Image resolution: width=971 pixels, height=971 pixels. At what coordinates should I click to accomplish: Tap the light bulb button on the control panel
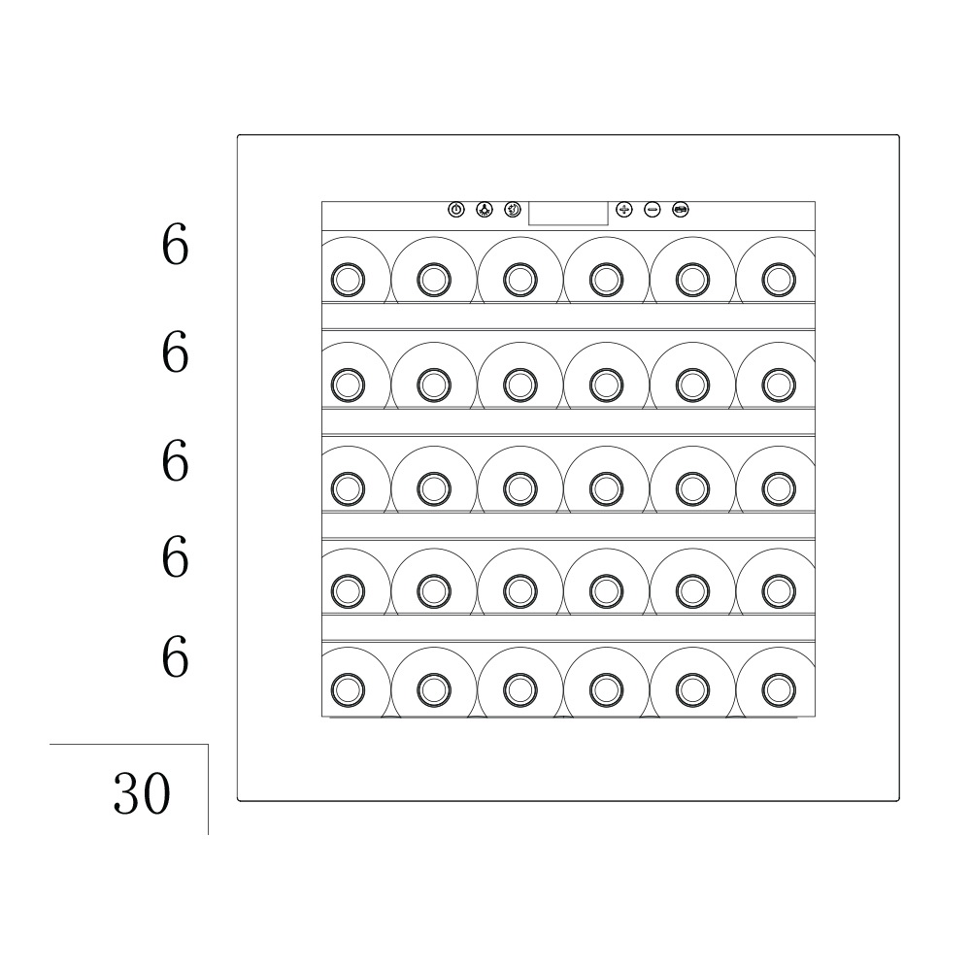click(485, 210)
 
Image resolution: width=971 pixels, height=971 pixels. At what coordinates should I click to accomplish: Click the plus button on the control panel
click(624, 210)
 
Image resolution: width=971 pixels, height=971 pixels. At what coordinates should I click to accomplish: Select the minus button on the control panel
click(653, 210)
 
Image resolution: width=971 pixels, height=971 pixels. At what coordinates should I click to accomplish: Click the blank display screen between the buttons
click(568, 213)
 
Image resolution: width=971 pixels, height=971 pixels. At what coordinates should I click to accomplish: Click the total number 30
click(142, 793)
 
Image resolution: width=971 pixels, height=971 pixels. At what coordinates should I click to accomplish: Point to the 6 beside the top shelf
click(175, 245)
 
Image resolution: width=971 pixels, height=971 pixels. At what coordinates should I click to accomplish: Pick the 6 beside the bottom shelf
click(175, 657)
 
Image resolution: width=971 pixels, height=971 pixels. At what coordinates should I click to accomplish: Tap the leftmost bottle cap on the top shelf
click(348, 280)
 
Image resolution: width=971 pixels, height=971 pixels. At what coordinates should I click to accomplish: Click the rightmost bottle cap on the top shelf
click(779, 280)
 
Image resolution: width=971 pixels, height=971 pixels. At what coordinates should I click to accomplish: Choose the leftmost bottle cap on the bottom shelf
click(348, 689)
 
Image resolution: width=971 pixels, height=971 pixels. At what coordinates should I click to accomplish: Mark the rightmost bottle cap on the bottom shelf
click(779, 689)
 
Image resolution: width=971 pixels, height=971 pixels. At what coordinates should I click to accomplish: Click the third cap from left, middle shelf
click(520, 488)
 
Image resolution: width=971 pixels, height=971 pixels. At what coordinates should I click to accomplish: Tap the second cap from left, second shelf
click(434, 385)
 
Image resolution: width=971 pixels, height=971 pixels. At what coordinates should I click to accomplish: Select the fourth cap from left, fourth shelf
click(606, 590)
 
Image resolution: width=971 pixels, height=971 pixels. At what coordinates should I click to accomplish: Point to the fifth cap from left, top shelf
click(692, 280)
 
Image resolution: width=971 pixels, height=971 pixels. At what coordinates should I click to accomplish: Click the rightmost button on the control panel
click(681, 210)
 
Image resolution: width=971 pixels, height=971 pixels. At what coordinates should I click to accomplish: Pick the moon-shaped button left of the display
click(513, 210)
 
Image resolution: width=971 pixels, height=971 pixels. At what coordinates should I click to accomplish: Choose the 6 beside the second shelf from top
click(175, 352)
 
